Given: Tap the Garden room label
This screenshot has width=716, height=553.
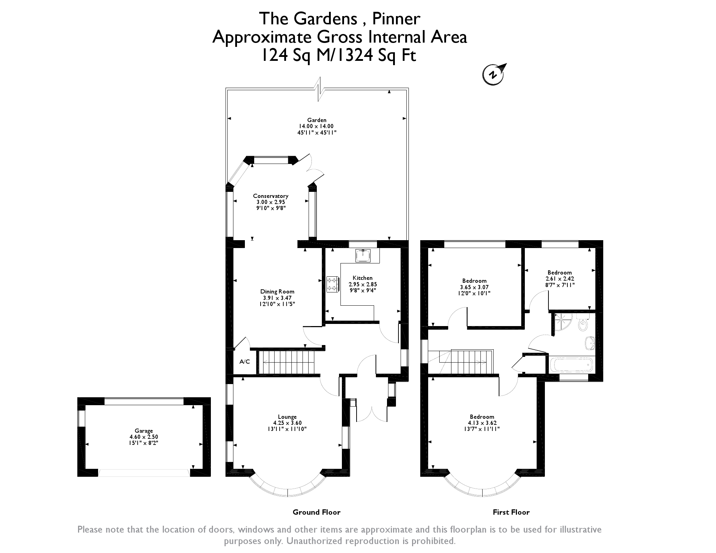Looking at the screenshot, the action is (317, 120).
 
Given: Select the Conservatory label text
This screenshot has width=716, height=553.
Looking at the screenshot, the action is (271, 196).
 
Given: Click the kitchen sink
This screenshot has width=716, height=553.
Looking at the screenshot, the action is (363, 256).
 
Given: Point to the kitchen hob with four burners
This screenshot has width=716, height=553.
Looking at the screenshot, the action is (333, 284).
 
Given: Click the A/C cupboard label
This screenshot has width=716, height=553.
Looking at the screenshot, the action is (245, 362).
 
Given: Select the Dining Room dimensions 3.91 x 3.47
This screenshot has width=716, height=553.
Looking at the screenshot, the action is (277, 298).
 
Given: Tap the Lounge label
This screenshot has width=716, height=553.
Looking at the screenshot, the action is (287, 417).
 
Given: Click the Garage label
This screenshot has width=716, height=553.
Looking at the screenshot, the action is (144, 431).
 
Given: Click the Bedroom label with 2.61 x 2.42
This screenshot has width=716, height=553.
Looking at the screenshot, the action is (560, 272).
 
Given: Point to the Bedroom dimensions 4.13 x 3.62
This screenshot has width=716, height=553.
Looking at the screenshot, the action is (482, 423).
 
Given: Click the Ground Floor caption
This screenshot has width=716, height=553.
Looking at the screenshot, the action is (316, 512).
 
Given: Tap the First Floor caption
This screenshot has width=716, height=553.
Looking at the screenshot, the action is (511, 512).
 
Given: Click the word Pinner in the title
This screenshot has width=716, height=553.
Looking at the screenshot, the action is (396, 19).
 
